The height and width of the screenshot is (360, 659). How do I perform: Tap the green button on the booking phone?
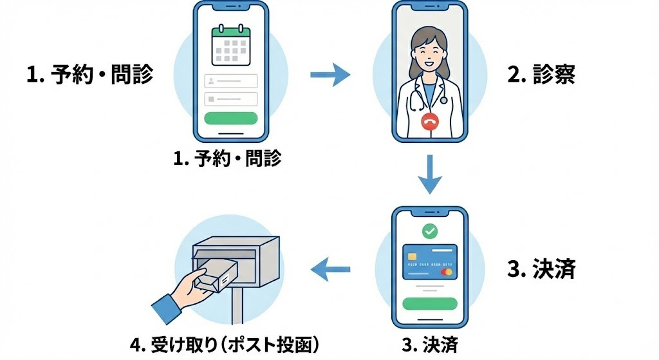point(230,118)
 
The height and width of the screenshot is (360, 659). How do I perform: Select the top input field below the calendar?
point(230,81)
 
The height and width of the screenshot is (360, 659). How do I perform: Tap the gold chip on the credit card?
point(412,256)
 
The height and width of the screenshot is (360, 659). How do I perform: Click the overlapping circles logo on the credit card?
point(445,272)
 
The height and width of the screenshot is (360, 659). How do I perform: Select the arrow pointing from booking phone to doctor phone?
point(329,76)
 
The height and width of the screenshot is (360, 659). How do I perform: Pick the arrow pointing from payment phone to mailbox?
point(331,269)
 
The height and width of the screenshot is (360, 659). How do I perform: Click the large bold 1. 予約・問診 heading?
point(90,75)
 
